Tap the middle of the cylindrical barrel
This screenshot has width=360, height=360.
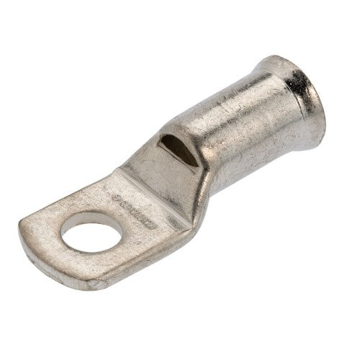click(230, 137)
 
